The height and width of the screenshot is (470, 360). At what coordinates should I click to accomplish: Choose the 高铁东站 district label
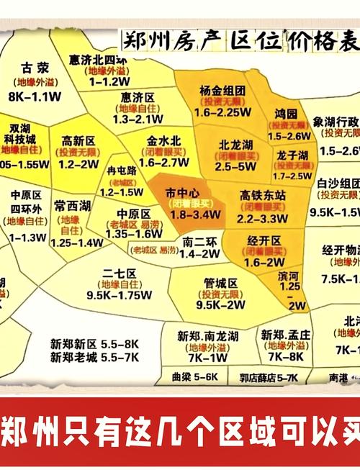click(x=264, y=195)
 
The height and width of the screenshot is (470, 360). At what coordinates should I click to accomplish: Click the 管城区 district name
click(x=221, y=283)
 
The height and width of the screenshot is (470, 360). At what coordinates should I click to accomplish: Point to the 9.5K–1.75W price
click(x=119, y=294)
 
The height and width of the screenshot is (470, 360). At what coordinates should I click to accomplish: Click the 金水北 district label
click(x=163, y=140)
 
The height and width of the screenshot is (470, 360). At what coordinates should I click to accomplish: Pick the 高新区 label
click(x=78, y=141)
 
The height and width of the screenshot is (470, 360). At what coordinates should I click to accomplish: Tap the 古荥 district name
click(x=35, y=68)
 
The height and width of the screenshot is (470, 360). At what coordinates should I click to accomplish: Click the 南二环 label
click(x=201, y=242)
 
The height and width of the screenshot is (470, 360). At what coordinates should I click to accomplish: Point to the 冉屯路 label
click(x=122, y=171)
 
